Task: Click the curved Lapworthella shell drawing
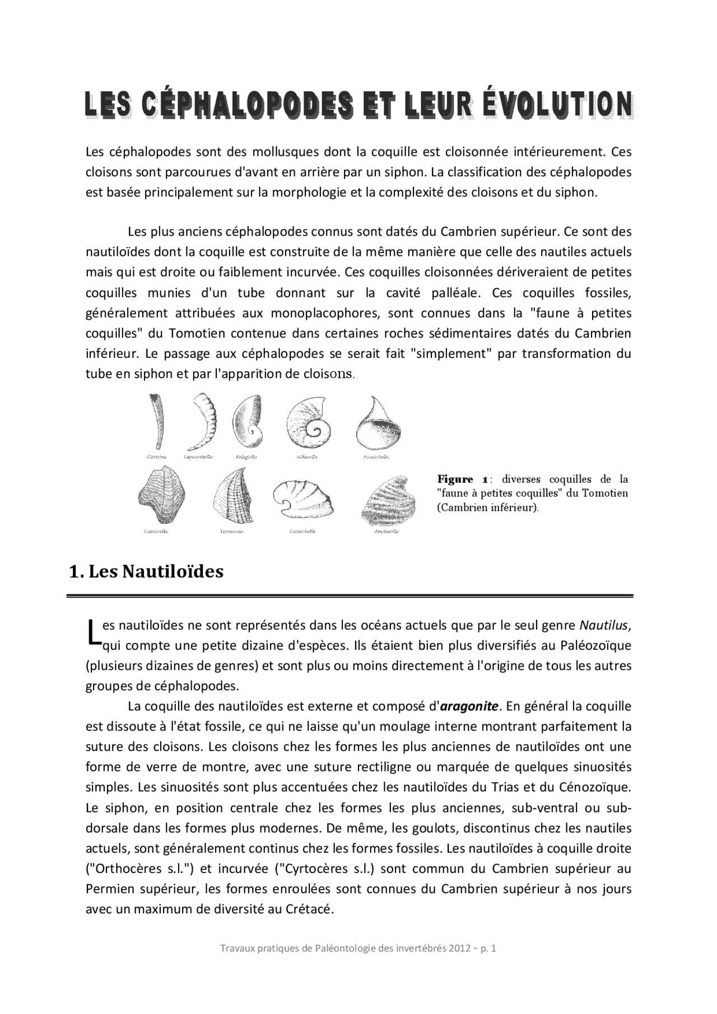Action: pyautogui.click(x=203, y=422)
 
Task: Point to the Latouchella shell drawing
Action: pyautogui.click(x=302, y=498)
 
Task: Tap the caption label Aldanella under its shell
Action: pyautogui.click(x=307, y=457)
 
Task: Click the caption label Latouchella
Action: pyautogui.click(x=302, y=531)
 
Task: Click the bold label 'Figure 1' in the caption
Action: pyautogui.click(x=463, y=479)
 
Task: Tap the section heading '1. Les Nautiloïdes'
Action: pyautogui.click(x=146, y=571)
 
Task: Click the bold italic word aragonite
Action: pyautogui.click(x=469, y=706)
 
